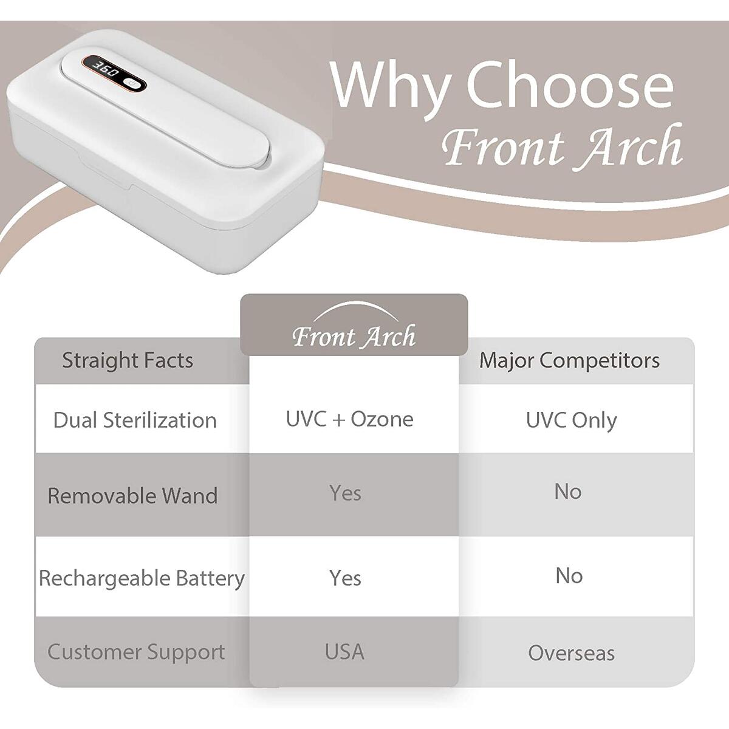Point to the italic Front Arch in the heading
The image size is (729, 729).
(563, 146)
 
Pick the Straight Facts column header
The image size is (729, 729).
(128, 360)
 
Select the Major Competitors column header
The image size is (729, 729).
(569, 360)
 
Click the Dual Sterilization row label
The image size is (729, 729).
(135, 420)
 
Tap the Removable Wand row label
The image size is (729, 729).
(132, 495)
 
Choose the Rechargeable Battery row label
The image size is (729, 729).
(142, 578)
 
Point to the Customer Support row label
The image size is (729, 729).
(136, 652)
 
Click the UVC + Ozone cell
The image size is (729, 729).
(350, 419)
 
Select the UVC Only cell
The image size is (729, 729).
(571, 420)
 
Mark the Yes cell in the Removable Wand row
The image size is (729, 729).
(346, 493)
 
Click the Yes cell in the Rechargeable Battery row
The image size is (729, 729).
(346, 578)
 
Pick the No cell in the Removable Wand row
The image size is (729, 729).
(568, 491)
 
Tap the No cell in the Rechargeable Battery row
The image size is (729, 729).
(569, 575)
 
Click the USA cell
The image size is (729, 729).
(344, 652)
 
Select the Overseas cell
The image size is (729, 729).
(571, 653)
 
